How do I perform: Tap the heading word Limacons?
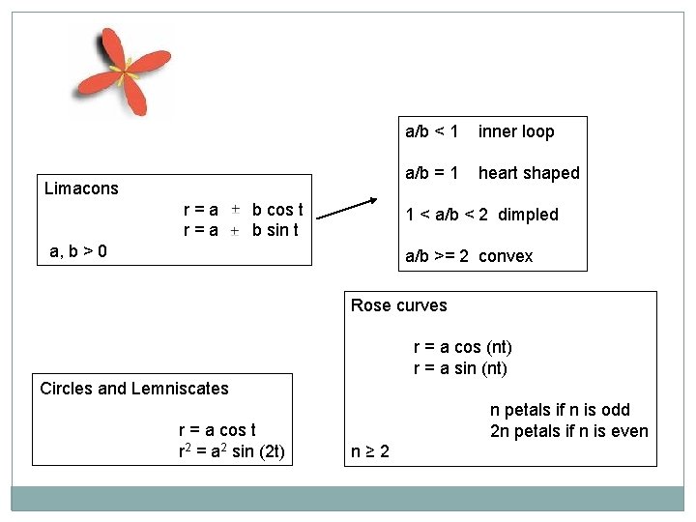click(x=81, y=188)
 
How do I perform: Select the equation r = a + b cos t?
click(x=243, y=210)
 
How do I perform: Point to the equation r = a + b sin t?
click(x=241, y=230)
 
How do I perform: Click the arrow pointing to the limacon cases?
click(x=346, y=208)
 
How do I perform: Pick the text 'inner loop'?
click(x=516, y=131)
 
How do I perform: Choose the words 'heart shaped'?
click(x=529, y=173)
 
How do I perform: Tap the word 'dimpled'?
click(x=528, y=215)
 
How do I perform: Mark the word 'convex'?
click(x=506, y=256)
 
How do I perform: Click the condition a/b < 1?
click(x=431, y=131)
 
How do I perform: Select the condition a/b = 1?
click(x=431, y=173)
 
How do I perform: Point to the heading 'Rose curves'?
click(x=398, y=305)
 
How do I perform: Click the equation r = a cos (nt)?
click(x=462, y=347)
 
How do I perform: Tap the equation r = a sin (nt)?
click(x=460, y=368)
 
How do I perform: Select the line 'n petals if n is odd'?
click(x=560, y=410)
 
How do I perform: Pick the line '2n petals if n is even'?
click(x=568, y=431)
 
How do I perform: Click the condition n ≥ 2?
click(x=370, y=451)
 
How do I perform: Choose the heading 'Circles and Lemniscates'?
click(x=134, y=389)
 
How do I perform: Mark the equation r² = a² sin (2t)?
click(x=231, y=451)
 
